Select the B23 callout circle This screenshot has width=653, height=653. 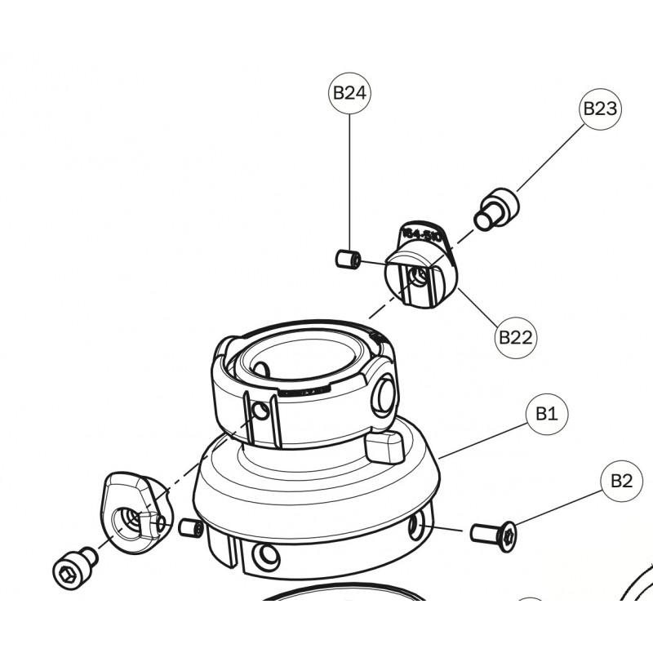(x=601, y=109)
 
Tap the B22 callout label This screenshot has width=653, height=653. (x=516, y=336)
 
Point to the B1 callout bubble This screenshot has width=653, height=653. (x=546, y=415)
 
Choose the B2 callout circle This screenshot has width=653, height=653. (x=621, y=482)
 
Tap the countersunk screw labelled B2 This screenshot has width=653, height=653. (x=494, y=535)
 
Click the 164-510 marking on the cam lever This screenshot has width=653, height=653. (x=423, y=236)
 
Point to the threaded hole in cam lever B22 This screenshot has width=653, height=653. (x=418, y=278)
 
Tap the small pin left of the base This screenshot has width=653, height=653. (x=191, y=527)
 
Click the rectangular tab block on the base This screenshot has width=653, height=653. (x=384, y=446)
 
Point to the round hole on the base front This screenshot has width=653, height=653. (x=265, y=558)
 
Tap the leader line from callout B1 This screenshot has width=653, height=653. (x=482, y=438)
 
